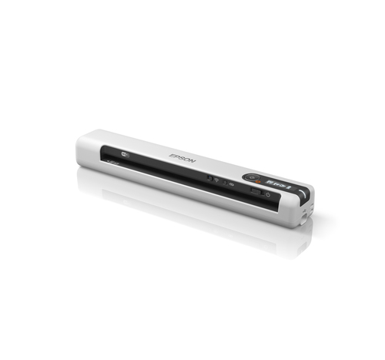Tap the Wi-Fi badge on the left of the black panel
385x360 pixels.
126,154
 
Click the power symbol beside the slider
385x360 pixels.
268,194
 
